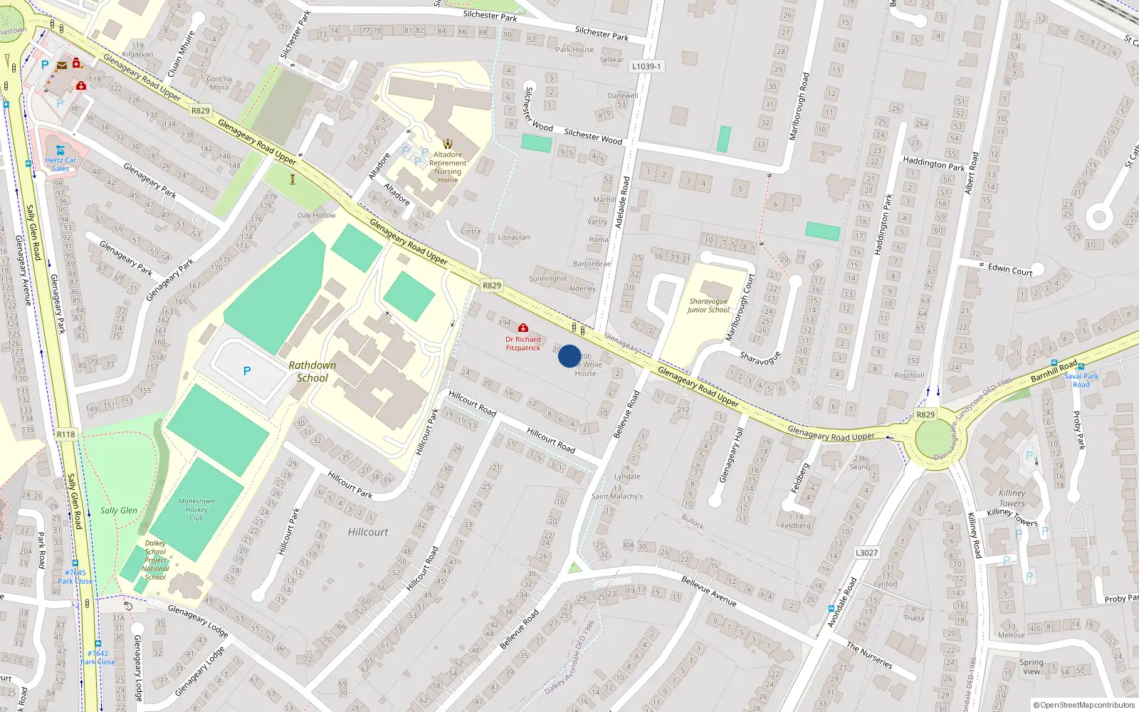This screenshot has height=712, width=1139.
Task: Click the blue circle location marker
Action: pos(569,356)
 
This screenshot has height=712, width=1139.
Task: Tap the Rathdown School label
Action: pos(313,372)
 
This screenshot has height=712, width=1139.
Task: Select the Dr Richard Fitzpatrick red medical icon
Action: pos(523,328)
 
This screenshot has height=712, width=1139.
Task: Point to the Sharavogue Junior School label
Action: pos(708,305)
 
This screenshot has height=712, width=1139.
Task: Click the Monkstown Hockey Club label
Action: pos(196,510)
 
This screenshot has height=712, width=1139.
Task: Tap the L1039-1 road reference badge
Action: pos(646,66)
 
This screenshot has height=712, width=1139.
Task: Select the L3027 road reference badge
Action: pos(866,553)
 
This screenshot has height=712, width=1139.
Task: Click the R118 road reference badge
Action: pos(65,434)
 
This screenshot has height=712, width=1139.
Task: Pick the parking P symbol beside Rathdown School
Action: pos(247,371)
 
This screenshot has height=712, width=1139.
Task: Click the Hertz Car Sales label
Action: pos(61,164)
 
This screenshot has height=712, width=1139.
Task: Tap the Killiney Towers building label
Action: pos(1012,498)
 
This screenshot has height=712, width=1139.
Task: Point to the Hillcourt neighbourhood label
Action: pos(368,532)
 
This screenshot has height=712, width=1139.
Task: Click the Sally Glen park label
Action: pos(118,511)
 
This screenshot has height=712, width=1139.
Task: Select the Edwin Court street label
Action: pos(1009,269)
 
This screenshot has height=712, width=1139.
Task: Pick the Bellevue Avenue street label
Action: pos(708,591)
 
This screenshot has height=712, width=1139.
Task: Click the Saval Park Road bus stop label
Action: pos(1081,380)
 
